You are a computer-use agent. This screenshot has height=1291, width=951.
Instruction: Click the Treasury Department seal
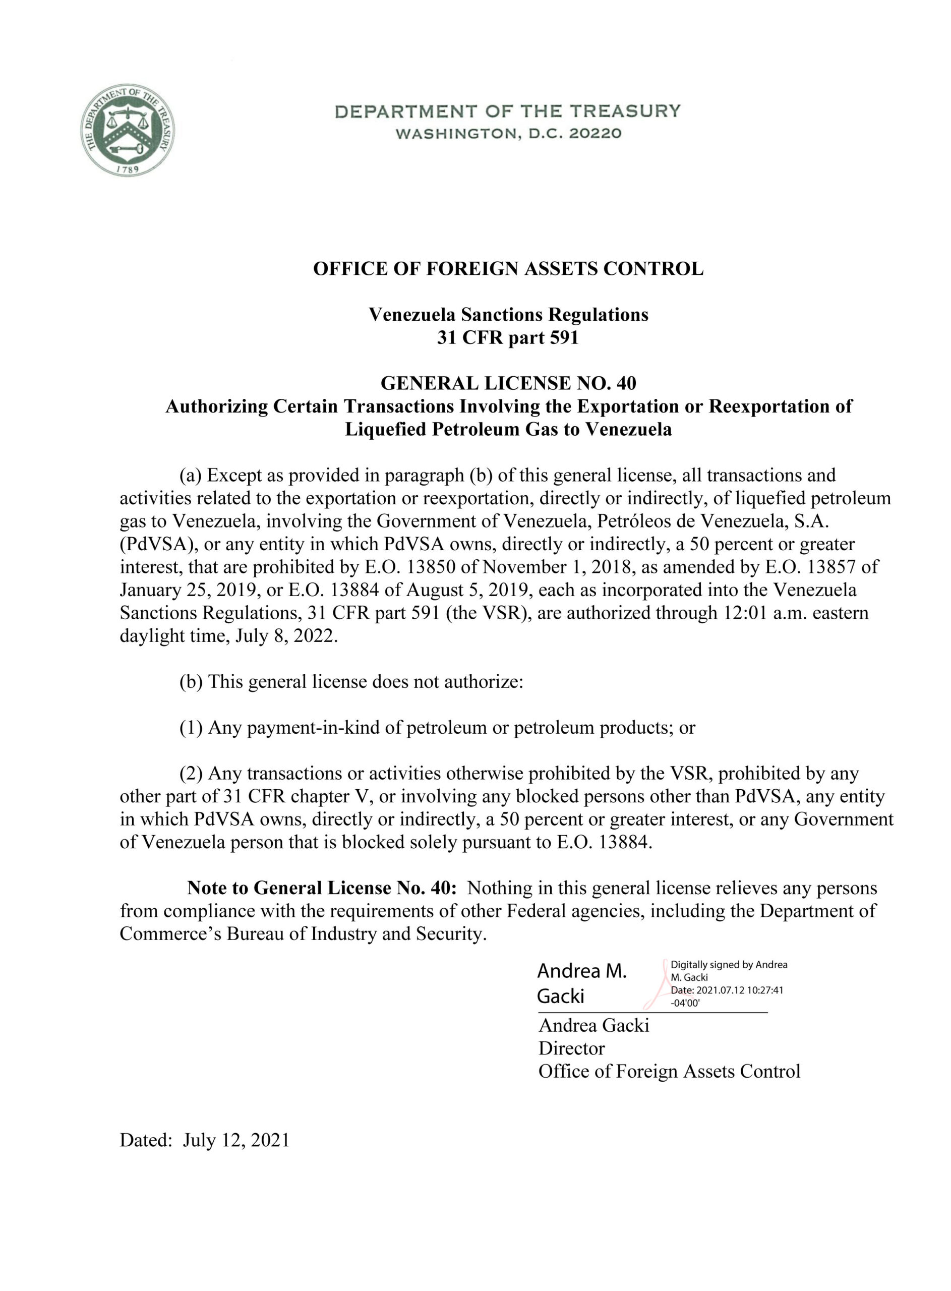128,131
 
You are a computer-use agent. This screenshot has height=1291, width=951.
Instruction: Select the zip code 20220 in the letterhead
595,134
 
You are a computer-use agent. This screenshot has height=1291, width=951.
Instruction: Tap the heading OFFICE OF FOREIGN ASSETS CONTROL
508,269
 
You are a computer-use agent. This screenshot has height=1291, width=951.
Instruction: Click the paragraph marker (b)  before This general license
191,682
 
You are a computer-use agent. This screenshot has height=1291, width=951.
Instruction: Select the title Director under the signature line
572,1048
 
